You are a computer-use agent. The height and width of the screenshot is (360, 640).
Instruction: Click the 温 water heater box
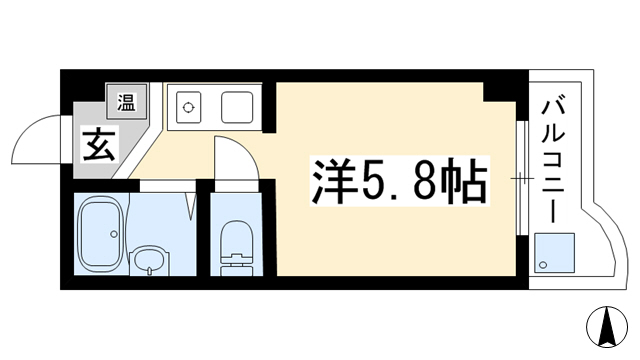pos(127,102)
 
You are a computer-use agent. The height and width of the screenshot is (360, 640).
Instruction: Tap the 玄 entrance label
pos(99,145)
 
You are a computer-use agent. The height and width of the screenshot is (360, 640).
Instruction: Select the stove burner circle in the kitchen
pos(188,107)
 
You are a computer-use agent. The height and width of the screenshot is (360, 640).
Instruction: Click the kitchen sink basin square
pos(237,107)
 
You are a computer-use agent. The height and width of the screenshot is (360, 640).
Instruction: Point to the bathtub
pos(101,233)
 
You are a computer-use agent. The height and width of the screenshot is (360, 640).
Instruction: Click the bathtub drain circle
pos(114,234)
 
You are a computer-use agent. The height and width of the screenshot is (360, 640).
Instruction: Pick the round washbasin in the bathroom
pos(149,260)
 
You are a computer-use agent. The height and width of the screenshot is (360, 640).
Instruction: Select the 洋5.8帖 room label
pos(400,180)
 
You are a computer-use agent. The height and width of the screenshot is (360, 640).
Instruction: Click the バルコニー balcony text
pos(553,162)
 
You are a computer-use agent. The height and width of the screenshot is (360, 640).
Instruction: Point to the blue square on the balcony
pos(555,253)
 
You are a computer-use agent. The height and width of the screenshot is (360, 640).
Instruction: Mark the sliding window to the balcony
pos(520,178)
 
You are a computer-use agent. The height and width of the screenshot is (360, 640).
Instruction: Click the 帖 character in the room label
pos(467,180)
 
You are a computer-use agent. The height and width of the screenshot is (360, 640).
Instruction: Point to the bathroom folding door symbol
pos(192,206)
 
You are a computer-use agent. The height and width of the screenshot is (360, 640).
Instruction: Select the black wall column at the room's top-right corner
pos(505,92)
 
